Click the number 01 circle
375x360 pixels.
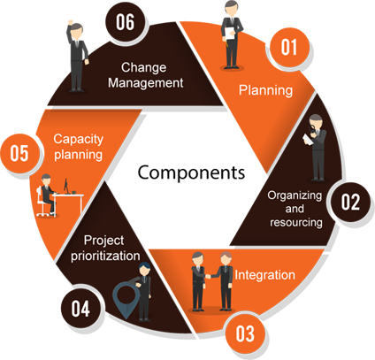289,47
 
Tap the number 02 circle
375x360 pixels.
350,202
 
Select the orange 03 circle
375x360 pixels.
244,333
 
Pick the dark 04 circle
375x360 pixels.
80,309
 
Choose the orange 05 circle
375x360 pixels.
19,153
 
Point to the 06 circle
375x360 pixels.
126,22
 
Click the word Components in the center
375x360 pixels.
191,172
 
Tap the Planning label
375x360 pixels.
265,90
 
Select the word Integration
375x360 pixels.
264,275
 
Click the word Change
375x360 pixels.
143,68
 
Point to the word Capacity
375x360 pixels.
78,139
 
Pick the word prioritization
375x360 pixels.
105,256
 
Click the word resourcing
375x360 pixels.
296,222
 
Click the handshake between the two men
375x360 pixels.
208,276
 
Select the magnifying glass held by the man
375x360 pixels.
312,128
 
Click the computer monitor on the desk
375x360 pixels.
66,186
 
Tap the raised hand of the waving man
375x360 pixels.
70,23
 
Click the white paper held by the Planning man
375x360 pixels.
230,34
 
